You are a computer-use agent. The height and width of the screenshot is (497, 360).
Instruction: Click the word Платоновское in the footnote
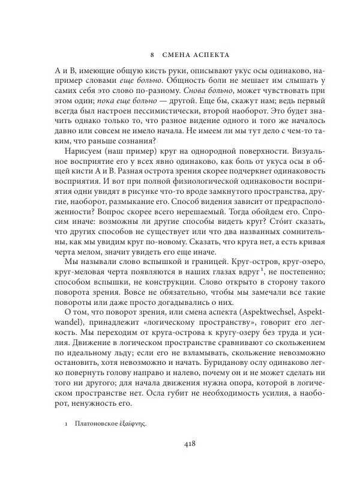[95, 423]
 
